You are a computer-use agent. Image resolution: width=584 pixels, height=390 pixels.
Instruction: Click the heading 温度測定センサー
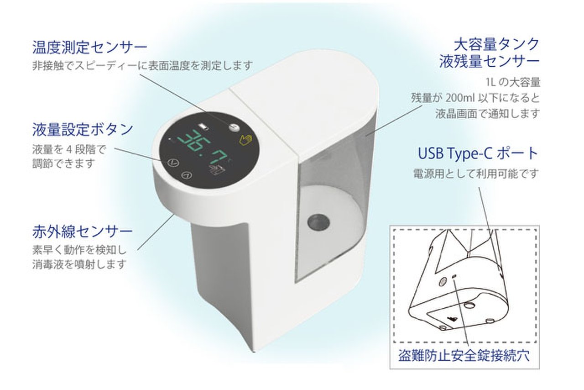pos(90,47)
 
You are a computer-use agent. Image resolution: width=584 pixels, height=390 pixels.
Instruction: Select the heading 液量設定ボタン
pos(83,129)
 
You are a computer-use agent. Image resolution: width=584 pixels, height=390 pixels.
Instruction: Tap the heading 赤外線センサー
pos(83,232)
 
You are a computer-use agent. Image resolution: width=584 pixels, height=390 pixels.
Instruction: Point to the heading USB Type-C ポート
pos(478,153)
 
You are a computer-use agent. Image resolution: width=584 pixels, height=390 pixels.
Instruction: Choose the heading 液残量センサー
pos(490,62)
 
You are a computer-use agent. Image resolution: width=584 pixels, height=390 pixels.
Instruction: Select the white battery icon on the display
pos(205,126)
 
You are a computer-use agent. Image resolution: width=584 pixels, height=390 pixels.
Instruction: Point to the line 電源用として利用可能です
pos(475,174)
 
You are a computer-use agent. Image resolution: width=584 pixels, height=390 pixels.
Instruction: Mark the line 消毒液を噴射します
pos(79,264)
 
